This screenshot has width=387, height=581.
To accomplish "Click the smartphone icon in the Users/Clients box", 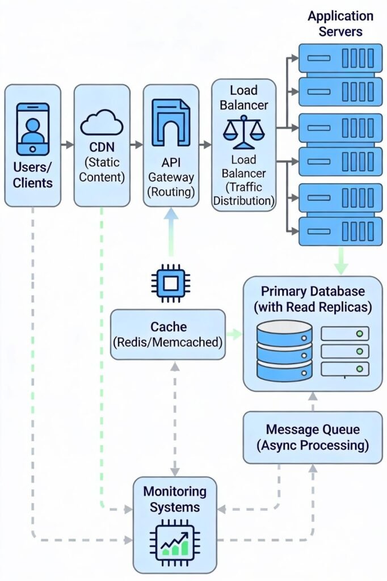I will pos(32,129).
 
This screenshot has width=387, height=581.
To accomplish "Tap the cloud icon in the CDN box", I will pos(102,122).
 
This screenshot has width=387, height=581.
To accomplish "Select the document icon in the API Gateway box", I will pos(171,121).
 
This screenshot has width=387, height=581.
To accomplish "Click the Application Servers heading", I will pos(340,23).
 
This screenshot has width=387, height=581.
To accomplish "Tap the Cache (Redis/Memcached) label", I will pos(168,335).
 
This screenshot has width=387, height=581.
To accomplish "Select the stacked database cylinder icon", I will pos(284,350).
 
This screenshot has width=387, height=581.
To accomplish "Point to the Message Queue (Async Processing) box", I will pos(313,437).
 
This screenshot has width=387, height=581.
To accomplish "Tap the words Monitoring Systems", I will pos(175,499).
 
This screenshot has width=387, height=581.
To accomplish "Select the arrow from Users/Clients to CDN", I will pos(67,145).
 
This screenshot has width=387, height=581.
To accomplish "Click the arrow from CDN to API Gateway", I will pos(136,145).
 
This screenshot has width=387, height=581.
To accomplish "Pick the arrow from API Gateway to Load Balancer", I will pos(205,145).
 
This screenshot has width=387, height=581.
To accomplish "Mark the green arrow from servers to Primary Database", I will pos(340,261).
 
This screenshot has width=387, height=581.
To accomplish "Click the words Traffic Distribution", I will pos(244,193).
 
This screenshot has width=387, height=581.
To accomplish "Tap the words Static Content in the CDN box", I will pos(101,170).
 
